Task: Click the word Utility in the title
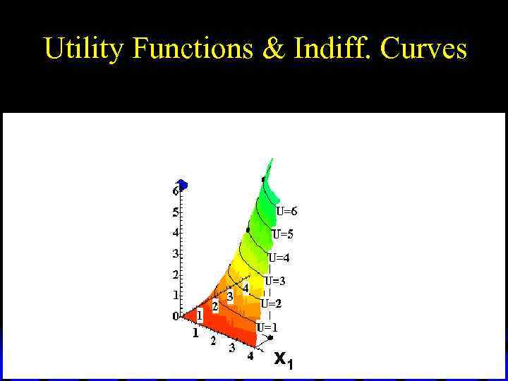point(84,49)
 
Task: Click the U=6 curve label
point(286,211)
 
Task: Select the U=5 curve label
point(282,234)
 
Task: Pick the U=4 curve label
point(279,258)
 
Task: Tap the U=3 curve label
point(275,281)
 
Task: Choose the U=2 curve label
point(271,304)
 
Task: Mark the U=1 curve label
point(267,327)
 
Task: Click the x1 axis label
point(284,360)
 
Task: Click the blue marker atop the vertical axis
point(183,185)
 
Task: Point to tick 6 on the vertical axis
point(175,191)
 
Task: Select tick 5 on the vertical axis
point(175,212)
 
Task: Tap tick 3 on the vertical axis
point(175,253)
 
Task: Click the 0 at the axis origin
point(176,316)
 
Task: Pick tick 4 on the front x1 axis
point(250,356)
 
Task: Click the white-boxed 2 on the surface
point(215,307)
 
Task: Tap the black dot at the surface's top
point(264,179)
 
